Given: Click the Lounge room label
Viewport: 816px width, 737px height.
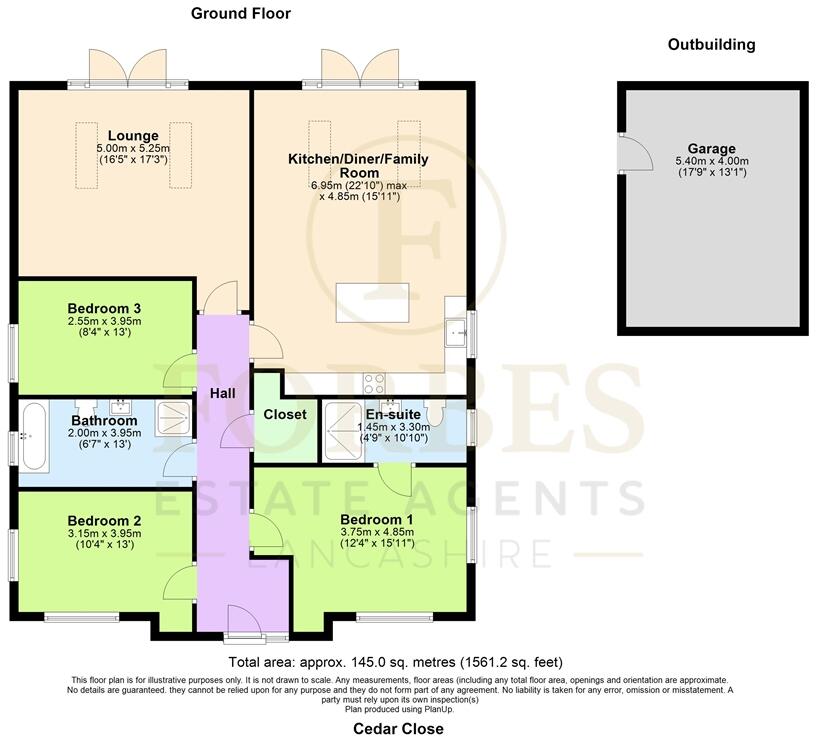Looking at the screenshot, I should click(x=133, y=136).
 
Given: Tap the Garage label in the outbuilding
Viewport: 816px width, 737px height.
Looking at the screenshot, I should click(x=711, y=149).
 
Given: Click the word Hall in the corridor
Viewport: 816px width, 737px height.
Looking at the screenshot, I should click(x=222, y=393).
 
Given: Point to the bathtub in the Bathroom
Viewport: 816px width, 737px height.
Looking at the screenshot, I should click(x=33, y=437).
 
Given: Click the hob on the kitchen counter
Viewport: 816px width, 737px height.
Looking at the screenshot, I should click(x=376, y=381).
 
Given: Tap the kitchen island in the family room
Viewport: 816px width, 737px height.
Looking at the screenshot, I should click(x=373, y=302).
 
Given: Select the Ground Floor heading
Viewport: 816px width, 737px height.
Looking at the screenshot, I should click(x=240, y=13).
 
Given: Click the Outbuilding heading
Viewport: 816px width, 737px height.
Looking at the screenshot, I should click(x=711, y=44).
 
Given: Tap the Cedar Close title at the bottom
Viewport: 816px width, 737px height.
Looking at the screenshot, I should click(x=398, y=728).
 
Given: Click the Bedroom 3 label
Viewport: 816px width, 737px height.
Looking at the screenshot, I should click(x=104, y=308).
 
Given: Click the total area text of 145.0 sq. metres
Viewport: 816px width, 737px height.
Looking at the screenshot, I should click(x=396, y=662).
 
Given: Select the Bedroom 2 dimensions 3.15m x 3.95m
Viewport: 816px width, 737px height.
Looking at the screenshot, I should click(x=104, y=535).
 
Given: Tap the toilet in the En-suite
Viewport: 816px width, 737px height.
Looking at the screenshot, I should click(x=434, y=411).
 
